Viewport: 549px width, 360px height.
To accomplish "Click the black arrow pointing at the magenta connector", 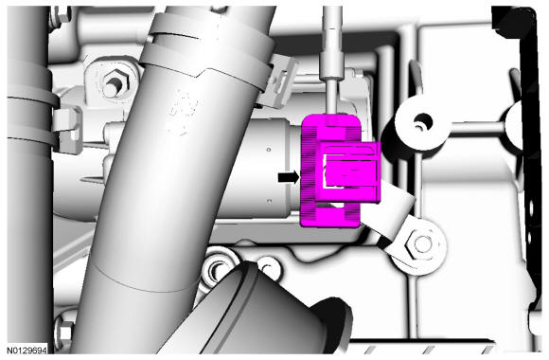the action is (289, 177).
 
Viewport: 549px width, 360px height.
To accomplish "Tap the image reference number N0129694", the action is (27, 350).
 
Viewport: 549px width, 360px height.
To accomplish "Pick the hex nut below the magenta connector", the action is (421, 244).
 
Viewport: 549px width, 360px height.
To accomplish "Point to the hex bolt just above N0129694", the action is (65, 333).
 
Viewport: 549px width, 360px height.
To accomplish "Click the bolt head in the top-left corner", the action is (62, 16).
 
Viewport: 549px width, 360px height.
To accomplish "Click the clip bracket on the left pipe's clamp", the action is (68, 130).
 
